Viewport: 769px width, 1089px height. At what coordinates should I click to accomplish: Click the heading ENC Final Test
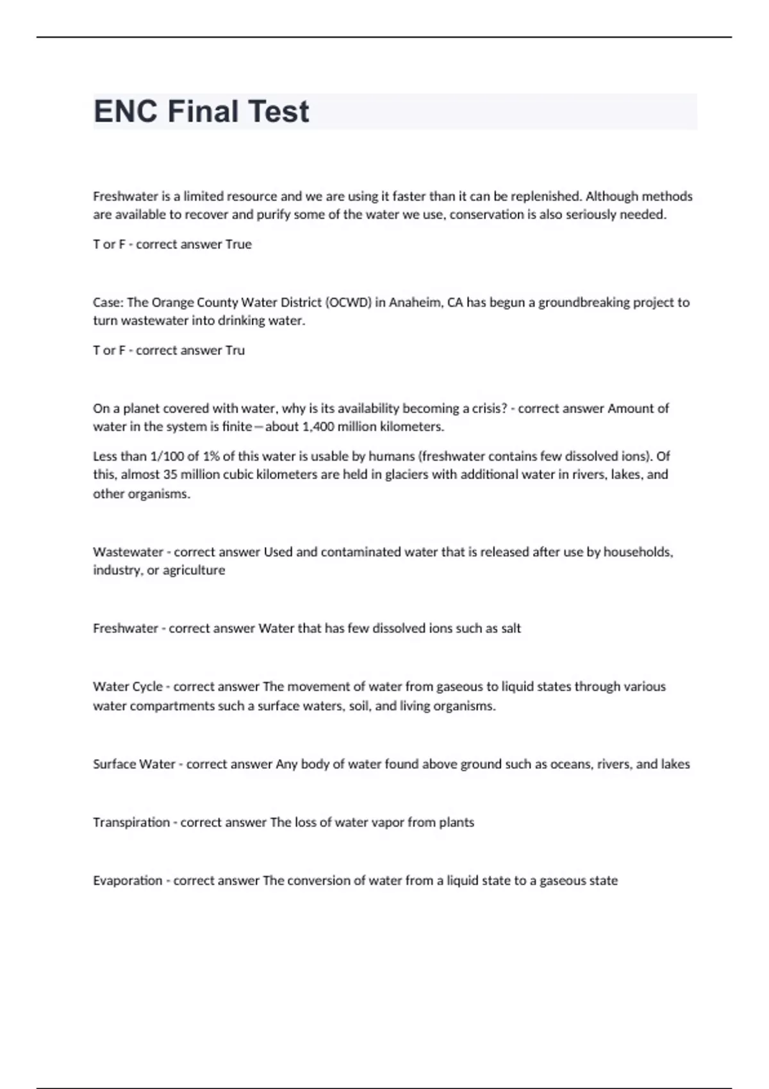pyautogui.click(x=201, y=111)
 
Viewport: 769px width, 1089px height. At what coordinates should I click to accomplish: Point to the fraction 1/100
pyautogui.click(x=165, y=456)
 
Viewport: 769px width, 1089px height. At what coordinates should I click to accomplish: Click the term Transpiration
pyautogui.click(x=131, y=823)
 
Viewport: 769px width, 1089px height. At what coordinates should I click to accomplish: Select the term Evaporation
pyautogui.click(x=128, y=881)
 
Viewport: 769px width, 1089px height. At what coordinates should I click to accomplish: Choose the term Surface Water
pyautogui.click(x=134, y=764)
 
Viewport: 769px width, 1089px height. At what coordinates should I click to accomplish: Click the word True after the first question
pyautogui.click(x=238, y=245)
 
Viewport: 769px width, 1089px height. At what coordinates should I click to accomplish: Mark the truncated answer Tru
pyautogui.click(x=235, y=350)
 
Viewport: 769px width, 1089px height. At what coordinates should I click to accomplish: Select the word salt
pyautogui.click(x=511, y=628)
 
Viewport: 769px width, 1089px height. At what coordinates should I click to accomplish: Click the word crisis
pyautogui.click(x=488, y=409)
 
